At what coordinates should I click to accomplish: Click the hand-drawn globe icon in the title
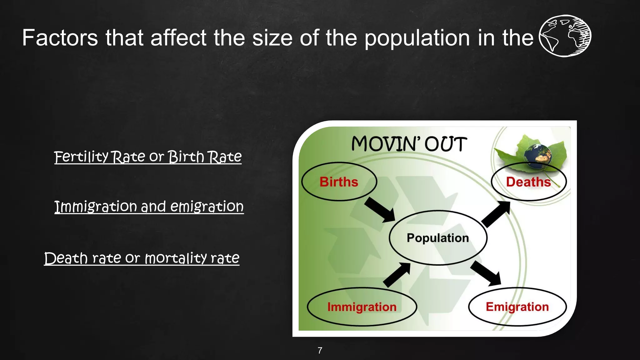point(565,36)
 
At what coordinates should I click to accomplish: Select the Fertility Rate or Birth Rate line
point(148,157)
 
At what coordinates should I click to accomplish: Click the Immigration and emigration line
point(149,207)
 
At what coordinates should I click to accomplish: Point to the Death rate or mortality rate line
point(142,258)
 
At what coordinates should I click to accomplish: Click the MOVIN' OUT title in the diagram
point(409,144)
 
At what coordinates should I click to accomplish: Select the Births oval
point(339,182)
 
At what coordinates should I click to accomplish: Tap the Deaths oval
point(528,182)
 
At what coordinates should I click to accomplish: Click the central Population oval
point(438,238)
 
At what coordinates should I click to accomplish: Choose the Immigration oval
point(362,307)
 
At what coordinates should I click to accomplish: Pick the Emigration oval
point(517,307)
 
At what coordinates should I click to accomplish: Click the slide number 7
point(320,351)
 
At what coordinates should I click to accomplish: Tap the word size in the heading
point(272,38)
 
